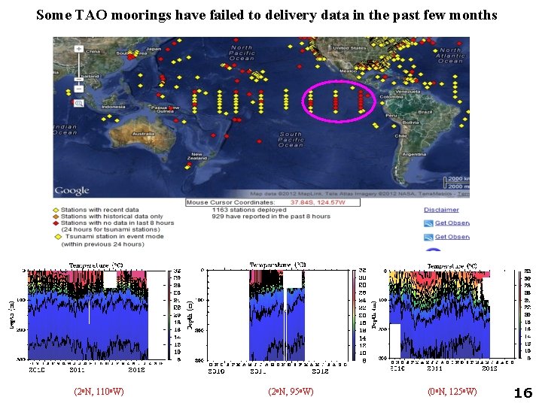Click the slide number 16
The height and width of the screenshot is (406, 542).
522,392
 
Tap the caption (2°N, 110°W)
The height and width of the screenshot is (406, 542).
99,392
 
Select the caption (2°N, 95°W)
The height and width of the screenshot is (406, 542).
291,392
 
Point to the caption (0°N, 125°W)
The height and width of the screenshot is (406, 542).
452,392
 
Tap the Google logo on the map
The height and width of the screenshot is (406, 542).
72,190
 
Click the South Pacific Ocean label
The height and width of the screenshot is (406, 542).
291,140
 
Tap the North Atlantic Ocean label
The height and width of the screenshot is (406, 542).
449,55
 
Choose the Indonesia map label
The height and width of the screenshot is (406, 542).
114,107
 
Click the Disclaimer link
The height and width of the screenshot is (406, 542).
441,210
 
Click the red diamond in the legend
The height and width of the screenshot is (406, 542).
56,223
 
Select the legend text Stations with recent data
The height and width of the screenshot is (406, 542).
100,210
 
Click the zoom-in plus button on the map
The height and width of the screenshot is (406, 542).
78,48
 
